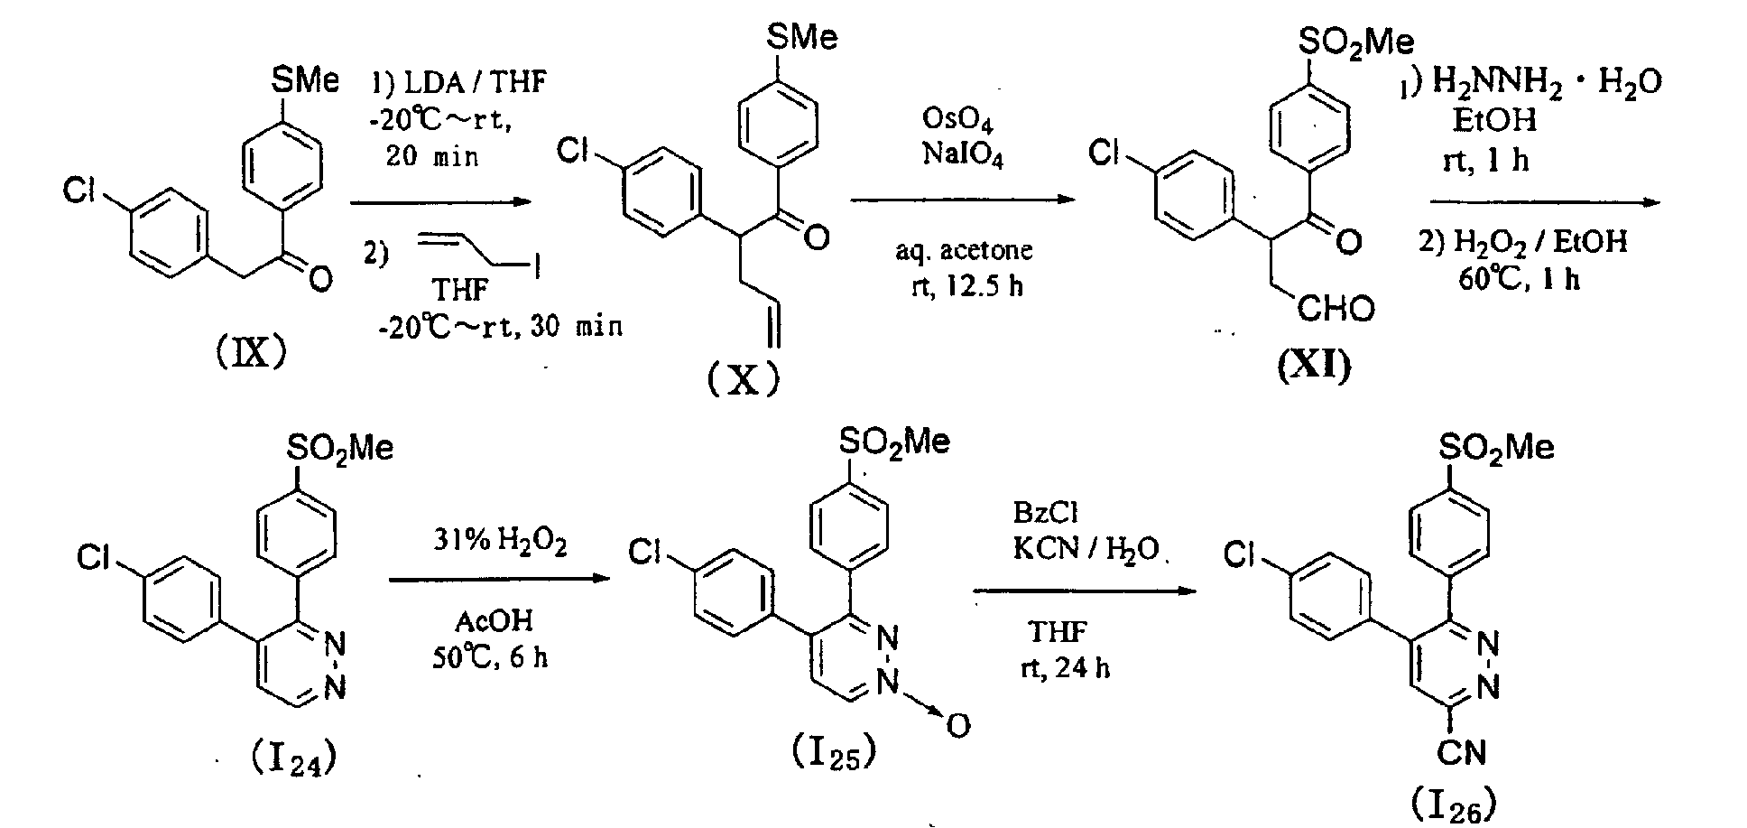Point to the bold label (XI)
[1315, 367]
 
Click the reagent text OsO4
[962, 118]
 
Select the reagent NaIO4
[962, 154]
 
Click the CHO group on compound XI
[1337, 309]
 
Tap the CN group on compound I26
[1462, 750]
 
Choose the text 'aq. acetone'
[964, 250]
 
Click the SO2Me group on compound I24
[340, 449]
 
